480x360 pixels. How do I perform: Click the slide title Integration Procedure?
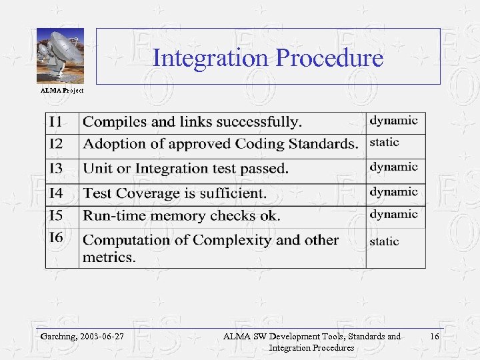coord(268,58)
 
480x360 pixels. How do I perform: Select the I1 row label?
coord(57,122)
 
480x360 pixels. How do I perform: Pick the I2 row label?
coord(57,143)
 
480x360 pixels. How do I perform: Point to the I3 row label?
coord(57,168)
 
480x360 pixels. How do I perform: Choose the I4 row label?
coord(57,193)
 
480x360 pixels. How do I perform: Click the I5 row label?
coord(57,215)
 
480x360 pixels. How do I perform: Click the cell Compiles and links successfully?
coord(192,122)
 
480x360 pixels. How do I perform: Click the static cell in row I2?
coord(385,143)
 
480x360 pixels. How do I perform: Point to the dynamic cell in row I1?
coord(394,121)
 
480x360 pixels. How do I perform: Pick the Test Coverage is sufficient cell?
coord(175,193)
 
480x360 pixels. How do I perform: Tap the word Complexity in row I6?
coord(239,240)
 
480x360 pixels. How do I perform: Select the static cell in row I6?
coord(385,241)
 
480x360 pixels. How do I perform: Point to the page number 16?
coord(434,337)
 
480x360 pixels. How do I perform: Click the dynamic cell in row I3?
coord(394,167)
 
